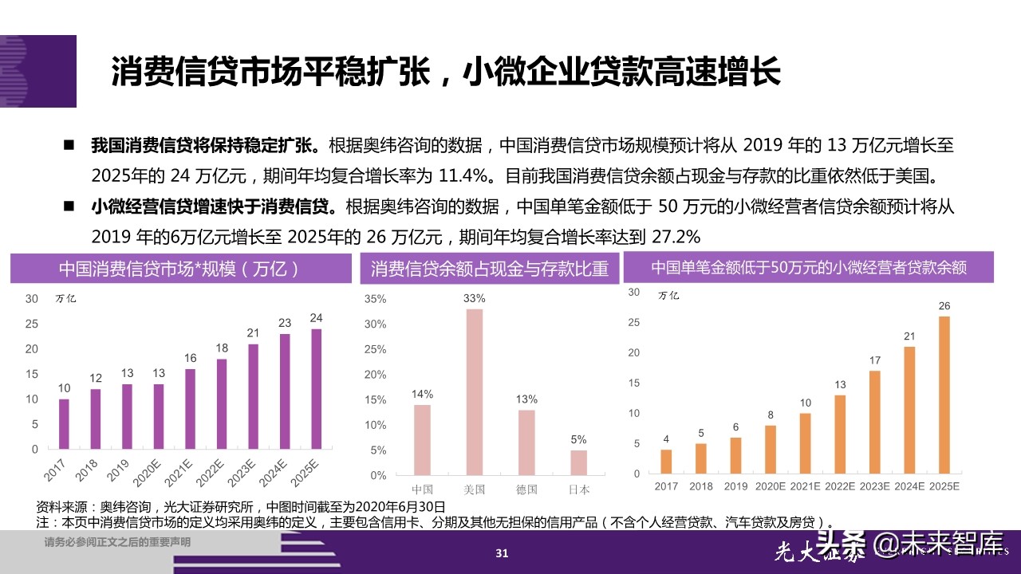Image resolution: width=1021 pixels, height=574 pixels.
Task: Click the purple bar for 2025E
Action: (317, 389)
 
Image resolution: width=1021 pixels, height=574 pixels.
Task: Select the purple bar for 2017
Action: (64, 423)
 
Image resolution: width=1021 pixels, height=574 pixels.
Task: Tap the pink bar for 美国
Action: (475, 391)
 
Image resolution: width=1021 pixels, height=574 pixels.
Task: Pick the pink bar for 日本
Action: (578, 462)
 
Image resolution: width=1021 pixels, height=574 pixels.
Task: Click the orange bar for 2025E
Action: (944, 395)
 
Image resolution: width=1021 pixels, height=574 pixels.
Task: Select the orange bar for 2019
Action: (735, 455)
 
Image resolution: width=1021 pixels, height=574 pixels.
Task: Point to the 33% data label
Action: (475, 298)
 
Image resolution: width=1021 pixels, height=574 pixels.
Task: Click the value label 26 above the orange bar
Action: (944, 306)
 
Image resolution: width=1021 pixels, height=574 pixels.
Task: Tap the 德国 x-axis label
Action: (526, 489)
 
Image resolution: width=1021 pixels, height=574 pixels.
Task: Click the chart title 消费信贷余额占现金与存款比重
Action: (490, 269)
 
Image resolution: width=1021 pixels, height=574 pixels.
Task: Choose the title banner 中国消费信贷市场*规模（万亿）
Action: (180, 269)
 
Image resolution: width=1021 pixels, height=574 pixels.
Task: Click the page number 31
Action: (502, 553)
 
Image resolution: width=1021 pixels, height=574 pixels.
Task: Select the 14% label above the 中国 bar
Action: (422, 394)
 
